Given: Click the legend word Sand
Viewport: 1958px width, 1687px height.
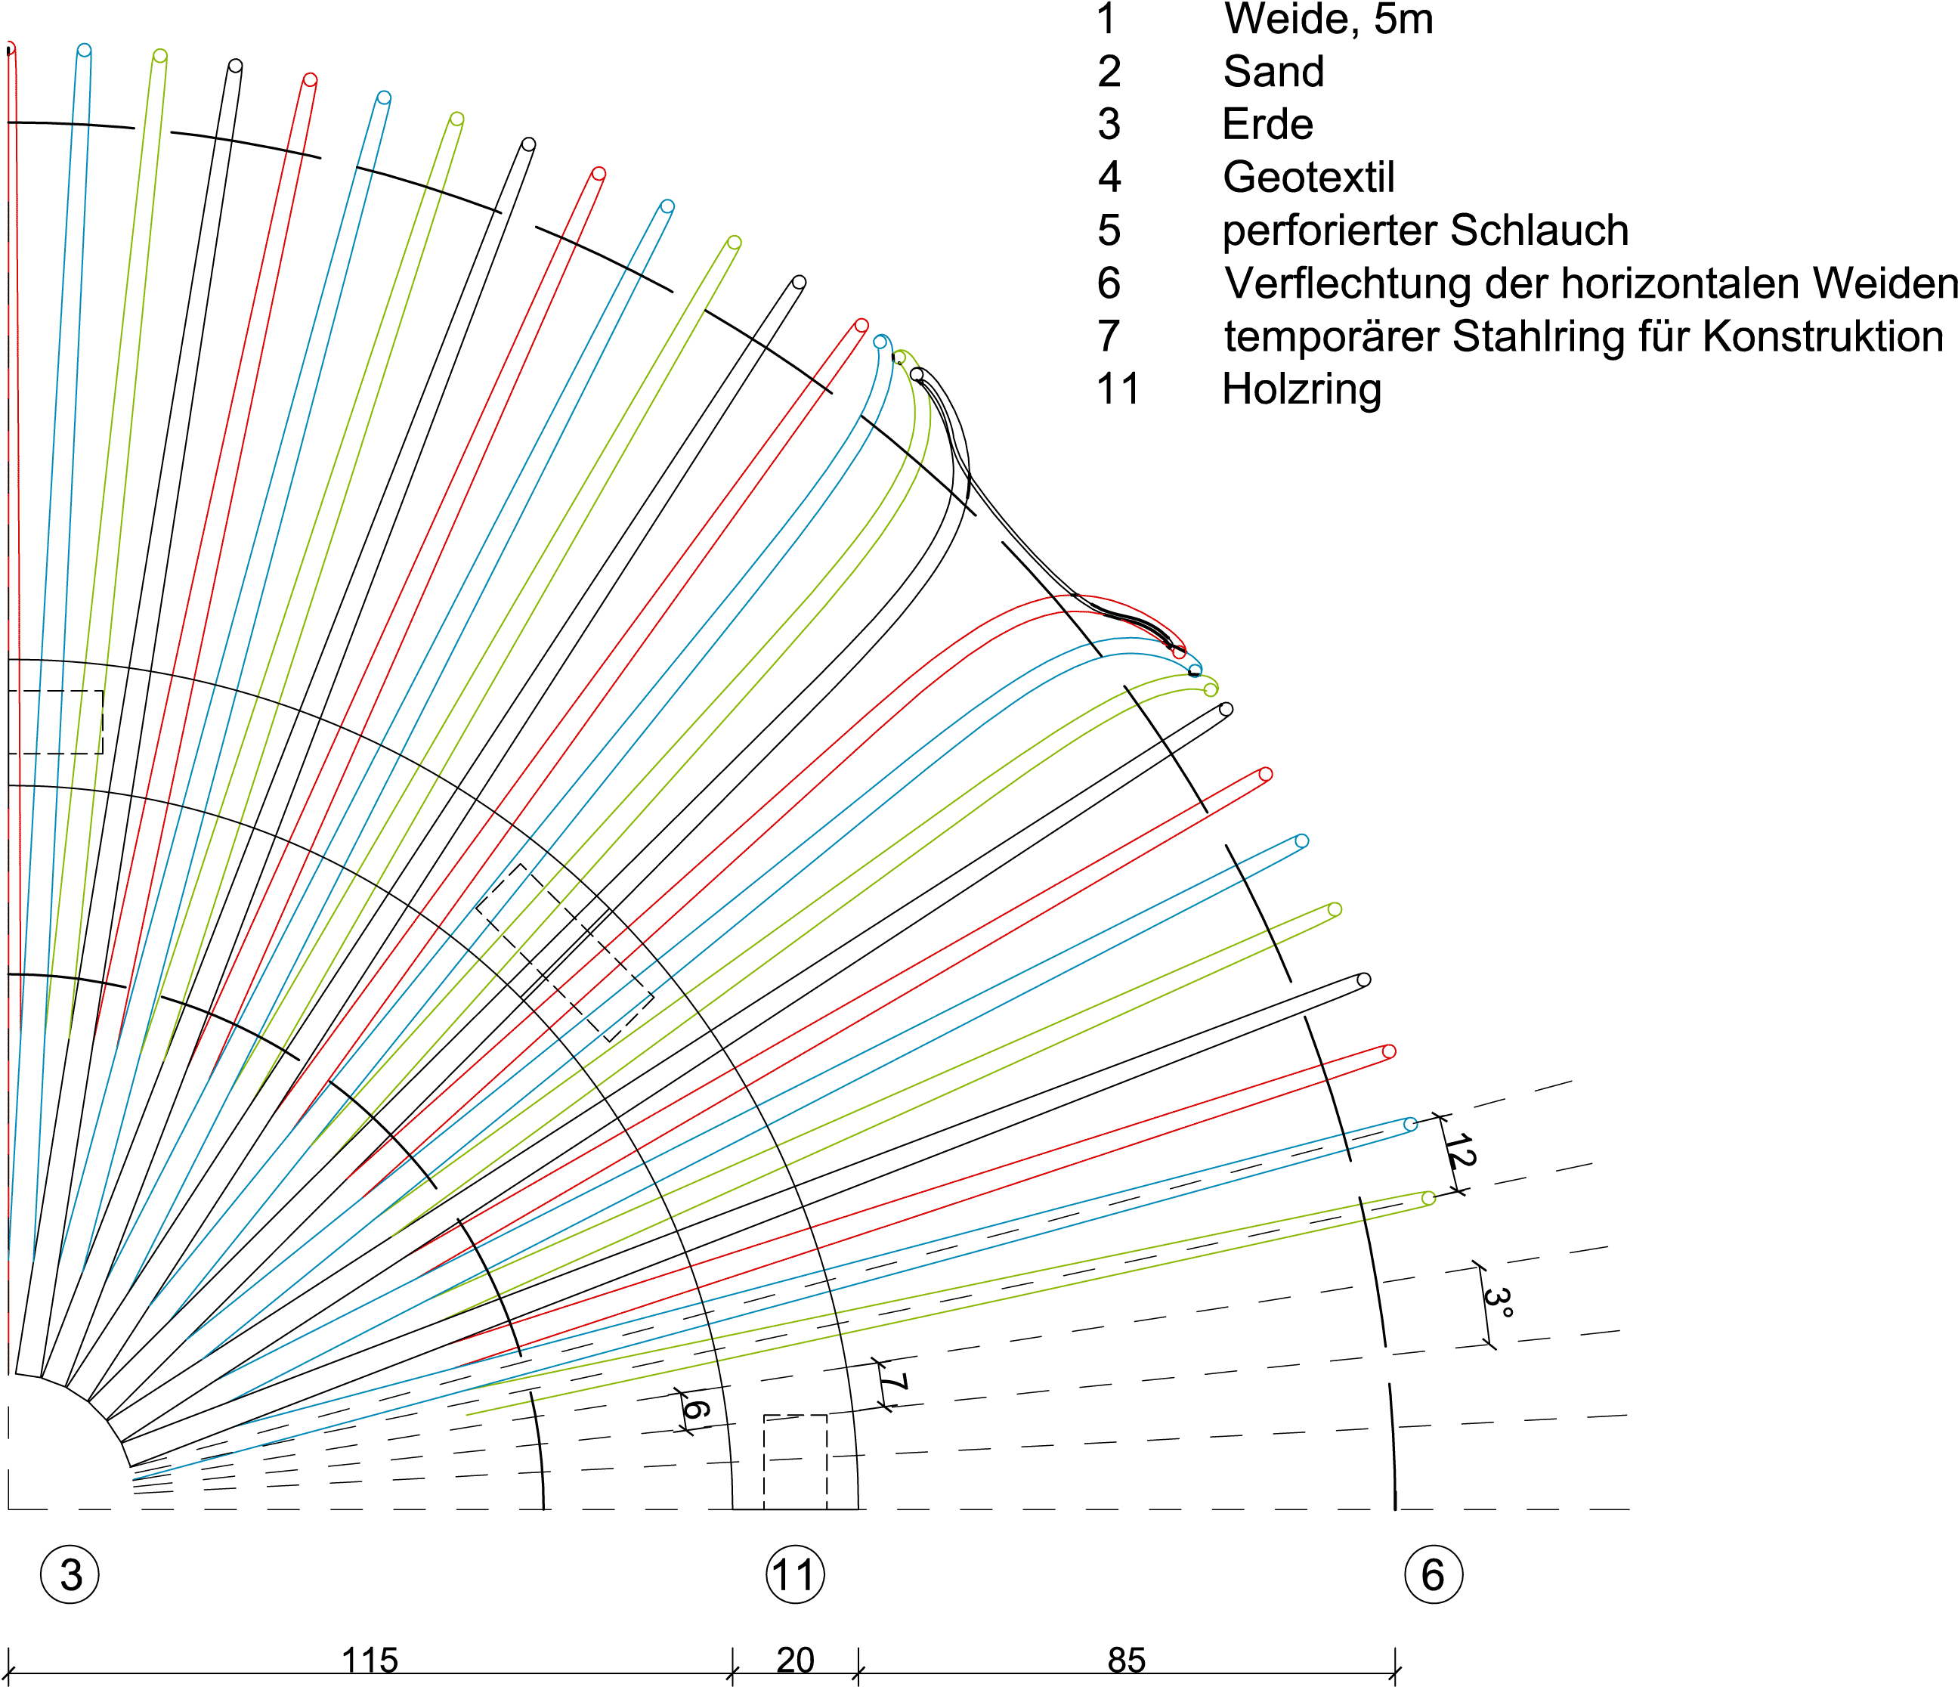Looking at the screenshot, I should point(1274,72).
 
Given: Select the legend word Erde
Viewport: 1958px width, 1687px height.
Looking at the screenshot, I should point(1267,125).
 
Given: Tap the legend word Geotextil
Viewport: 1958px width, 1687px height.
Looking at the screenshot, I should point(1309,178).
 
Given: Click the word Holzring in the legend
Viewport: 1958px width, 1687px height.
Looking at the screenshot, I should point(1301,389).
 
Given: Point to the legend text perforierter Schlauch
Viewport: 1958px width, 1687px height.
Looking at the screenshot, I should point(1425,231).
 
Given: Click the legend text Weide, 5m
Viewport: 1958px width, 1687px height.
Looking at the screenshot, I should point(1328,19).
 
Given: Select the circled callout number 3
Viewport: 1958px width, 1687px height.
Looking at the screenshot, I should point(70,1574).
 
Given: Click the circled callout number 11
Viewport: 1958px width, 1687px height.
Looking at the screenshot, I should point(795,1574).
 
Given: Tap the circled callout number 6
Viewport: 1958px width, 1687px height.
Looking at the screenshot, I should point(1433,1574).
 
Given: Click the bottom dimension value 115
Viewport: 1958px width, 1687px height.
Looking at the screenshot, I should point(370,1660).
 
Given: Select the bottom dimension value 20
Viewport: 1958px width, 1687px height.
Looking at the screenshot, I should point(795,1660).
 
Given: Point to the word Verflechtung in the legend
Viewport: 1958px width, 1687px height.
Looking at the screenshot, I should point(1347,283).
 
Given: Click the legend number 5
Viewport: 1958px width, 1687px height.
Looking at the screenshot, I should point(1109,231).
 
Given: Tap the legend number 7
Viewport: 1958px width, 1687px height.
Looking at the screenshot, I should point(1109,336).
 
